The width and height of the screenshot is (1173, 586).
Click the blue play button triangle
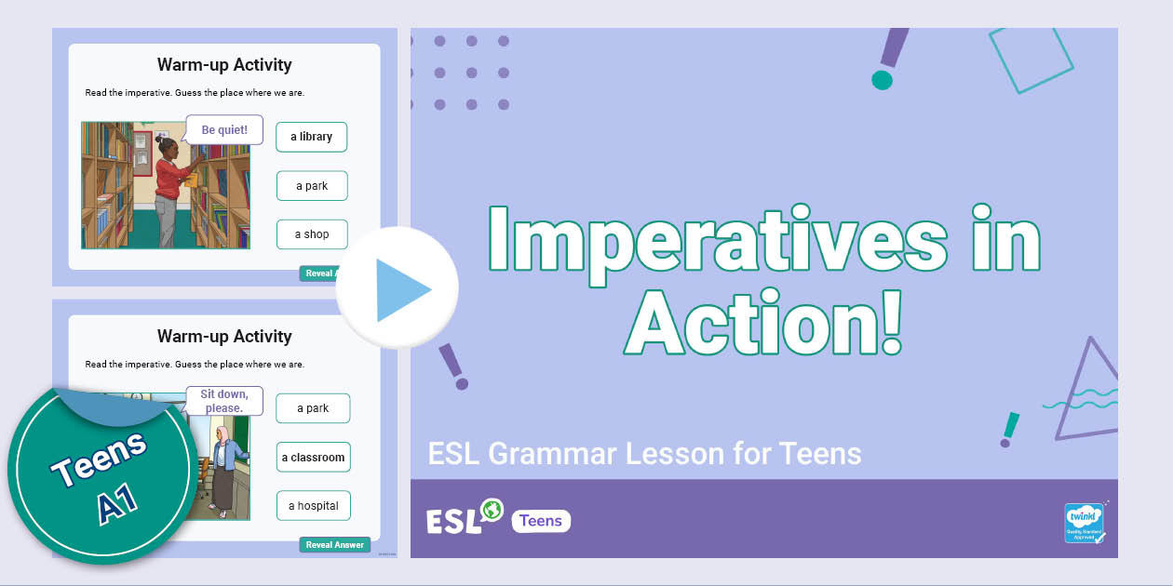click(x=402, y=290)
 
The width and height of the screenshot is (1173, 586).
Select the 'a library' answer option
click(x=311, y=137)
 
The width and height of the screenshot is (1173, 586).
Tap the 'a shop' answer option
click(x=312, y=234)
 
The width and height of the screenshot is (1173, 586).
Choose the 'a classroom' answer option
click(x=313, y=458)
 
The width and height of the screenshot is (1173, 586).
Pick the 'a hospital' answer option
click(x=313, y=506)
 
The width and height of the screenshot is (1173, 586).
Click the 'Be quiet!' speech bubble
click(x=224, y=130)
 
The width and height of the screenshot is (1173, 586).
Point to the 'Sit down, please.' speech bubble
click(x=224, y=401)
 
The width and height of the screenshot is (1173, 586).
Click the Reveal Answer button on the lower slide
click(x=334, y=545)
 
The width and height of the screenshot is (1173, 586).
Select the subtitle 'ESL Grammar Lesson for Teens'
click(x=644, y=454)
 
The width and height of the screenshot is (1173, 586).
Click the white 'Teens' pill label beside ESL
click(x=541, y=521)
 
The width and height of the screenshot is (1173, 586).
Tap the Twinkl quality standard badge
click(x=1084, y=523)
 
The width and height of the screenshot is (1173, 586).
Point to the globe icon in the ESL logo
click(x=492, y=510)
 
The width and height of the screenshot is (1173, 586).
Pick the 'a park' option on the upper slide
click(x=312, y=186)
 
